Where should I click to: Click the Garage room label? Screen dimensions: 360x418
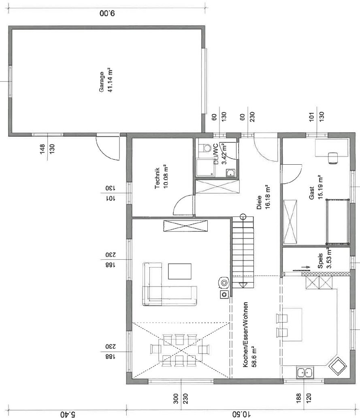[102, 82]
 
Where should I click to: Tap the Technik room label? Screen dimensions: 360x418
[157, 178]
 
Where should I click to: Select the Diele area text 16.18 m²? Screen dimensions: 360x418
[268, 197]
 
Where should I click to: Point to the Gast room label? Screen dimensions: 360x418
[311, 193]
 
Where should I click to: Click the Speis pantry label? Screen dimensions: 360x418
[320, 261]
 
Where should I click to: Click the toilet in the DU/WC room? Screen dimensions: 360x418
[206, 147]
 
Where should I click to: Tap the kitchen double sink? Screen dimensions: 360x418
[305, 372]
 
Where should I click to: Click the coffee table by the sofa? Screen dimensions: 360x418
[180, 271]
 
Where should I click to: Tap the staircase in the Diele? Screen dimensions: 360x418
[243, 252]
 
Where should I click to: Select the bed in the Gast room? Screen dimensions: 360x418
[337, 222]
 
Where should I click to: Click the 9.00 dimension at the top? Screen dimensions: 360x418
[107, 13]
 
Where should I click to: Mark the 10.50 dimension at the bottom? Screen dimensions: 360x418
[241, 414]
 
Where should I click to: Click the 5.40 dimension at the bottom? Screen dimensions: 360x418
[68, 414]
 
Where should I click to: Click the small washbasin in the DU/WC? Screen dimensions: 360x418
[230, 173]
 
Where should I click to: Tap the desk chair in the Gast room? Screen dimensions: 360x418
[332, 157]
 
